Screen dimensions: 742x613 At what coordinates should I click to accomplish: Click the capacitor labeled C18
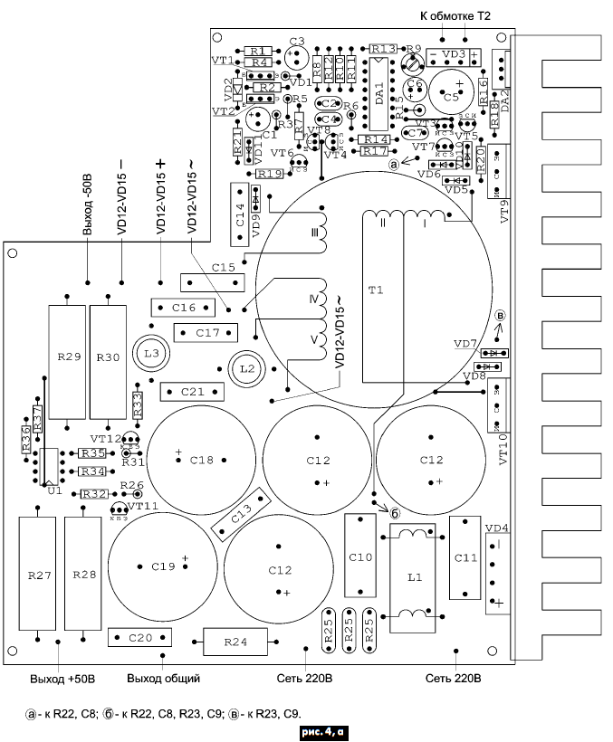point(201,460)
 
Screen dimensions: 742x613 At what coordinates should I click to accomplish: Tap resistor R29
point(68,357)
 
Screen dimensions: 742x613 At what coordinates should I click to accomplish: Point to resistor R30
point(107,357)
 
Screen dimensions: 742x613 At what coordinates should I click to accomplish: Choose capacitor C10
point(359,556)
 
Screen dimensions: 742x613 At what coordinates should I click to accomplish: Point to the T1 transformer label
point(376,290)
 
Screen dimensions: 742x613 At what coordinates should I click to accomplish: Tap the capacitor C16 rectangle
point(184,309)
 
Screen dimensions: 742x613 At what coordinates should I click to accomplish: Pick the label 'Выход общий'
point(163,678)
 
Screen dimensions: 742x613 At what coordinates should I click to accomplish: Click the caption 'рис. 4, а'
point(323,729)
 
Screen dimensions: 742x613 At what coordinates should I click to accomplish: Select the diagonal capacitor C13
point(242,514)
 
